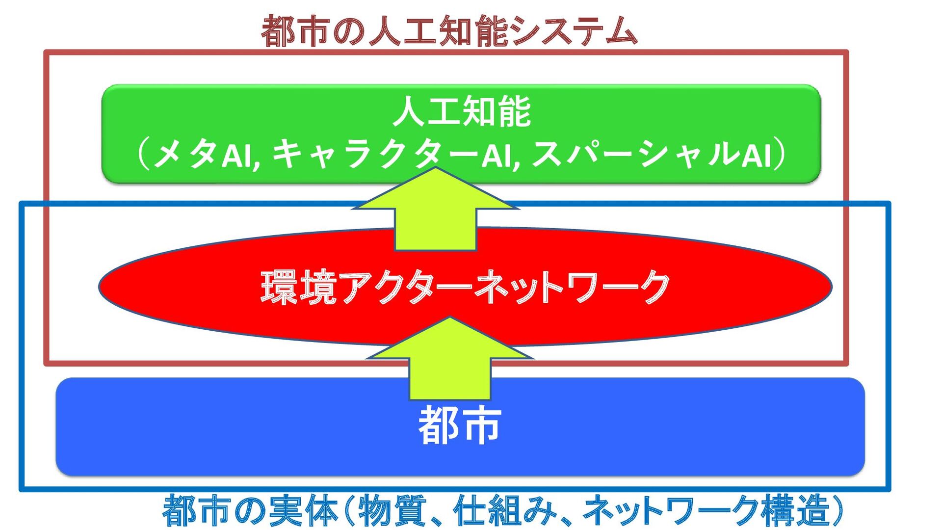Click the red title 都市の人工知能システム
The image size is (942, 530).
449,30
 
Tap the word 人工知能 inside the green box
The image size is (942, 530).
462,112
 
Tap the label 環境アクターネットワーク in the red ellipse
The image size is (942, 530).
465,287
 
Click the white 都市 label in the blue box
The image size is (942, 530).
460,425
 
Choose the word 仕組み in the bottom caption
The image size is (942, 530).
505,510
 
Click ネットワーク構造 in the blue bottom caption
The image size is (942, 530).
706,510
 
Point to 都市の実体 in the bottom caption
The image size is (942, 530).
250,510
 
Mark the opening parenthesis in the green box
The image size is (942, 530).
143,154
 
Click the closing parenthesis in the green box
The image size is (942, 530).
780,154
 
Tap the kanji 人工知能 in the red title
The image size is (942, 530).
437,30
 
